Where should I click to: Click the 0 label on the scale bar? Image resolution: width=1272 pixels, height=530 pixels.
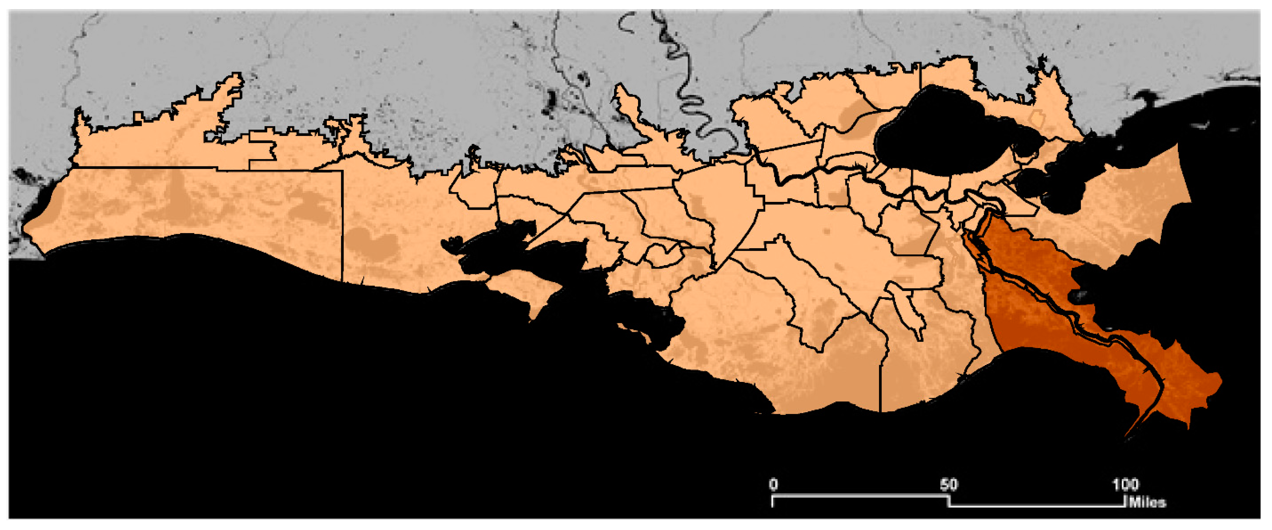(773, 485)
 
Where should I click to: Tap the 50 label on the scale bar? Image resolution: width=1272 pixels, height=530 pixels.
(949, 485)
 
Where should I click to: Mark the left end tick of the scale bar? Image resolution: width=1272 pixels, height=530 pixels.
(773, 501)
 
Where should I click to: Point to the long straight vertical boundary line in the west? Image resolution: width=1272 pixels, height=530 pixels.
(342, 222)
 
